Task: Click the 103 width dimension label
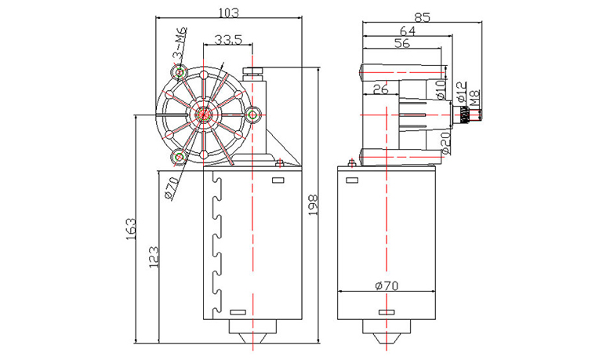coord(227,13)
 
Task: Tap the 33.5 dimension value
coord(227,38)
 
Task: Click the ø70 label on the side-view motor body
coord(387,285)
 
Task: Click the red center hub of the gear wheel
coord(206,114)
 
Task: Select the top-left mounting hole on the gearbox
coord(181,73)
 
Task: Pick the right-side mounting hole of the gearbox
coord(254,115)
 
